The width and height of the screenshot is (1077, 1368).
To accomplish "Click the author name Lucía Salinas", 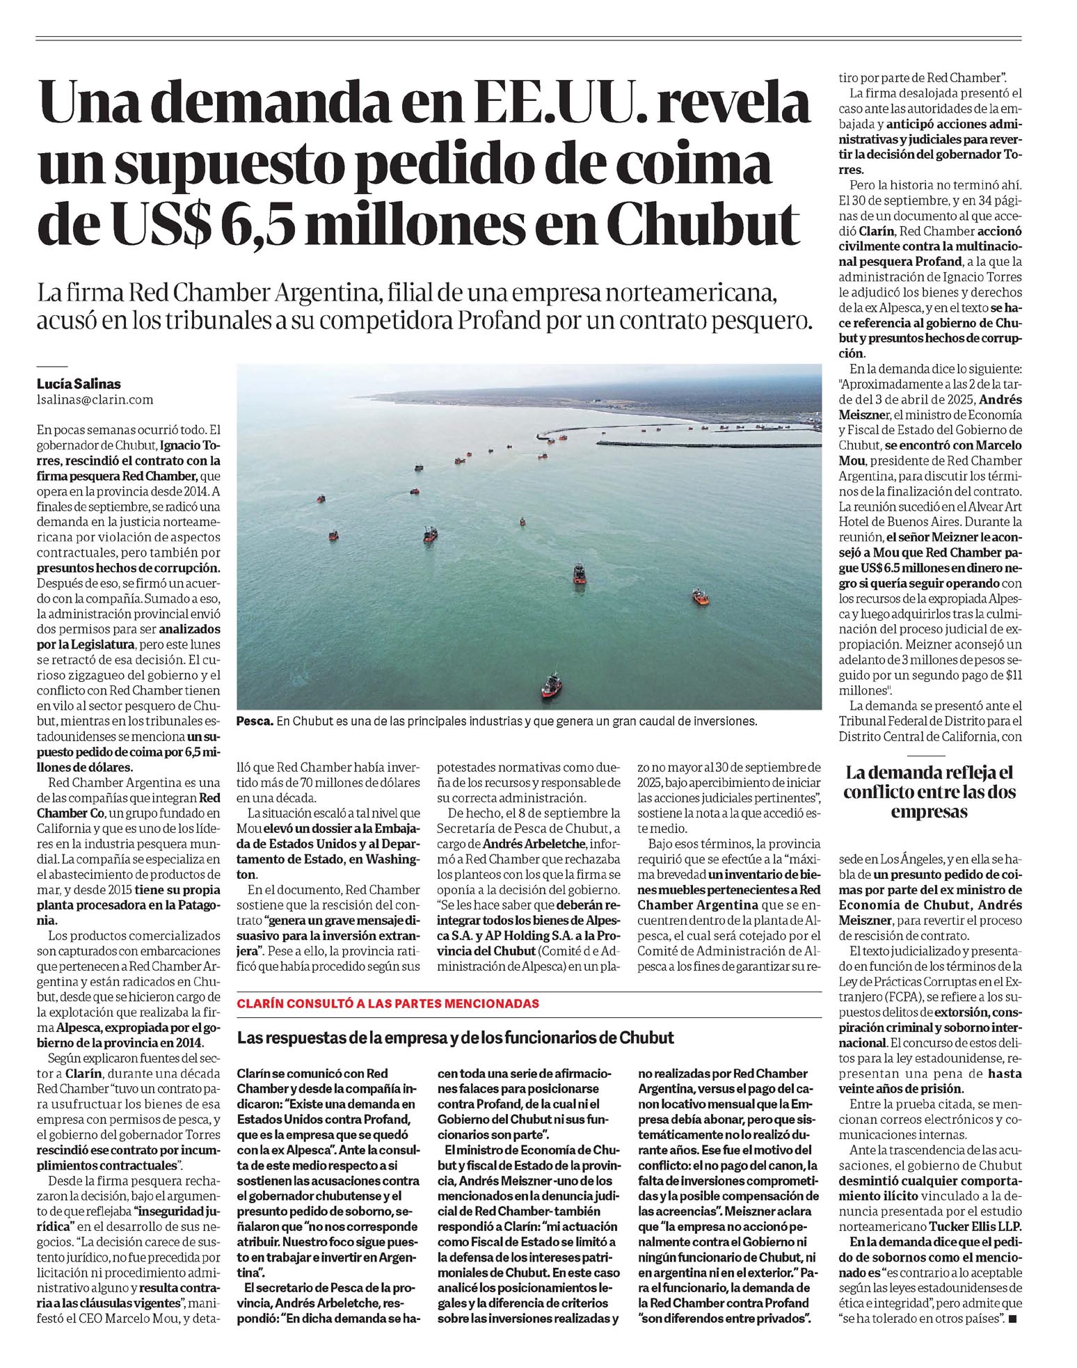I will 75,384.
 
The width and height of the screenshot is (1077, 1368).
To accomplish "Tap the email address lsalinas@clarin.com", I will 95,400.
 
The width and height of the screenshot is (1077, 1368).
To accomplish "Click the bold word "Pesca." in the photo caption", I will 255,722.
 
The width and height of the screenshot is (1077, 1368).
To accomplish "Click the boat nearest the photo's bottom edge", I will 551,685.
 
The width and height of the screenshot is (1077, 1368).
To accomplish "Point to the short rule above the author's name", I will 51,365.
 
